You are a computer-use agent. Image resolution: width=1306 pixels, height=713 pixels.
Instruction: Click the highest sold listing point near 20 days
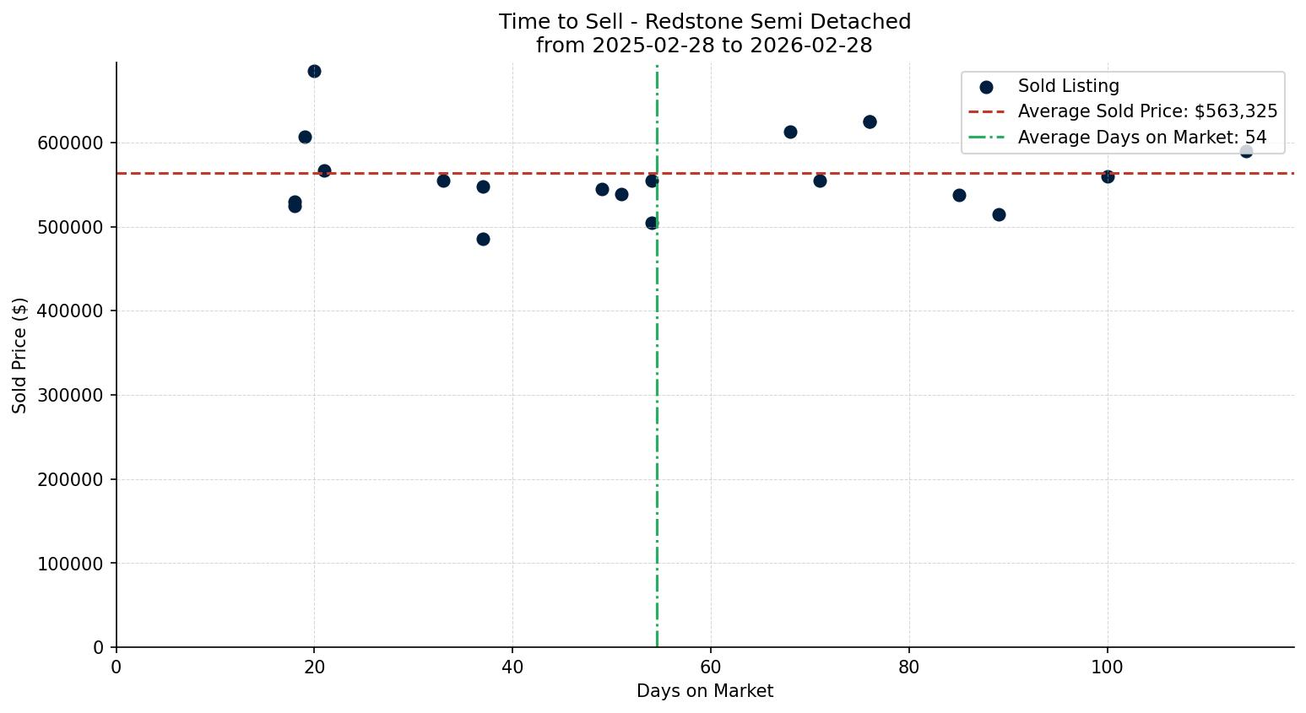click(x=314, y=71)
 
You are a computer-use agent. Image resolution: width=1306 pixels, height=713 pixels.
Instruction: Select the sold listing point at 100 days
click(x=1108, y=176)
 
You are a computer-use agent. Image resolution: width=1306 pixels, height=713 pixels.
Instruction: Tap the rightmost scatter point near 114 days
click(x=1246, y=151)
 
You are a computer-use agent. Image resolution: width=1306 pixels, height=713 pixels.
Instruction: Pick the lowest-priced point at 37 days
click(x=483, y=239)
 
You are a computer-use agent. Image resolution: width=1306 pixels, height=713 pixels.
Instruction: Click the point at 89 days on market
click(x=999, y=214)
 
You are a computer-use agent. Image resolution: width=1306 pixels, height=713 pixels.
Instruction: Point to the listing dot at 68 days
click(x=790, y=132)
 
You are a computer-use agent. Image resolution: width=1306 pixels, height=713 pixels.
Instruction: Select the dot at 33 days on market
click(x=443, y=181)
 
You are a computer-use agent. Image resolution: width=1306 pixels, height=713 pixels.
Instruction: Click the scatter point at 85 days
click(x=959, y=195)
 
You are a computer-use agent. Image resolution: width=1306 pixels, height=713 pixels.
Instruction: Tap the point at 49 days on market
click(x=602, y=189)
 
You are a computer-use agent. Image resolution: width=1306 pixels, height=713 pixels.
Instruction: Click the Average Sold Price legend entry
click(x=1146, y=111)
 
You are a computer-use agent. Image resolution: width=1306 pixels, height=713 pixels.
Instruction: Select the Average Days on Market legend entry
click(x=1141, y=138)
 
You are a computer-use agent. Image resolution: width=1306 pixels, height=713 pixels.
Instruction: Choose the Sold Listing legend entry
click(x=1068, y=86)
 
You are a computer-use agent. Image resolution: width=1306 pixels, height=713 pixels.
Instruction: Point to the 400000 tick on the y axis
click(x=70, y=311)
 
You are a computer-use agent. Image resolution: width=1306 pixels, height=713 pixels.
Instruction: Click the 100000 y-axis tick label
click(x=70, y=564)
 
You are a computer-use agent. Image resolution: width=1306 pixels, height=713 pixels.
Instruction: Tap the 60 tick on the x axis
click(x=711, y=667)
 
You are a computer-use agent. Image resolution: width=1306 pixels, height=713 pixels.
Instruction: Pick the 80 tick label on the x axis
click(x=909, y=667)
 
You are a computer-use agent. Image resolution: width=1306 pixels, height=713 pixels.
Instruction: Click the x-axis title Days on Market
click(x=705, y=691)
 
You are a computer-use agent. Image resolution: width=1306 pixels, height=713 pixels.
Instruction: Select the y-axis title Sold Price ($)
click(x=20, y=355)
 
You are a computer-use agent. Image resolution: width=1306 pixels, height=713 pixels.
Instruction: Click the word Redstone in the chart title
click(x=682, y=22)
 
